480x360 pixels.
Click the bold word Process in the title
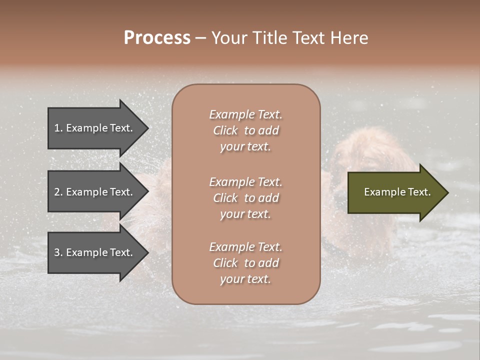pyautogui.click(x=157, y=38)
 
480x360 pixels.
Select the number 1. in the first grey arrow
pyautogui.click(x=58, y=128)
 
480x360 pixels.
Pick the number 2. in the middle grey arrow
pyautogui.click(x=58, y=192)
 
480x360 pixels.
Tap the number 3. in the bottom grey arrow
pyautogui.click(x=58, y=253)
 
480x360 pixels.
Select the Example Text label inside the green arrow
pyautogui.click(x=397, y=192)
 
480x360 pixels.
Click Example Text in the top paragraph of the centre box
pyautogui.click(x=245, y=114)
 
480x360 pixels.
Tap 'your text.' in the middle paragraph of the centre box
pyautogui.click(x=245, y=214)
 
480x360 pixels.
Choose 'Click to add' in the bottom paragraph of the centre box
pyautogui.click(x=245, y=263)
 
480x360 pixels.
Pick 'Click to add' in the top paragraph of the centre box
pyautogui.click(x=245, y=130)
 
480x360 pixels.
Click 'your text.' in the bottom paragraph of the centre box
pyautogui.click(x=245, y=279)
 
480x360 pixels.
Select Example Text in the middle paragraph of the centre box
pyautogui.click(x=245, y=181)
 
